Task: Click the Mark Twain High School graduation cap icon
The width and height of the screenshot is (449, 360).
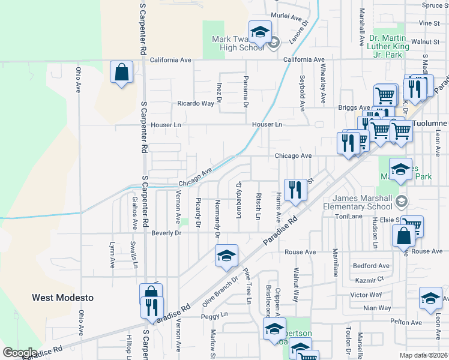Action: (260, 33)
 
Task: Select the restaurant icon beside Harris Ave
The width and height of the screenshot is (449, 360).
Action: (295, 190)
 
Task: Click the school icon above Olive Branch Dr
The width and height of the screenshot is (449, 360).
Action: (226, 256)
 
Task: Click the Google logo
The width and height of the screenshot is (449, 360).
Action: (20, 353)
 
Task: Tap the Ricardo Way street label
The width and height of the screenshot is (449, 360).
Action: (195, 103)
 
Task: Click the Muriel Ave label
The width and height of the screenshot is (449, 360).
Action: (286, 18)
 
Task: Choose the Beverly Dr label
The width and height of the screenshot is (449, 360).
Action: (166, 233)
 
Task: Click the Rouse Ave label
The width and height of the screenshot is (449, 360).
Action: (300, 252)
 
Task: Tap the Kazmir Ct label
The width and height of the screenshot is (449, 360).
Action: (369, 280)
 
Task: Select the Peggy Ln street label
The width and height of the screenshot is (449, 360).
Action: (214, 314)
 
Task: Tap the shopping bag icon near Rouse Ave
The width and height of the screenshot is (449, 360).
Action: (404, 236)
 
